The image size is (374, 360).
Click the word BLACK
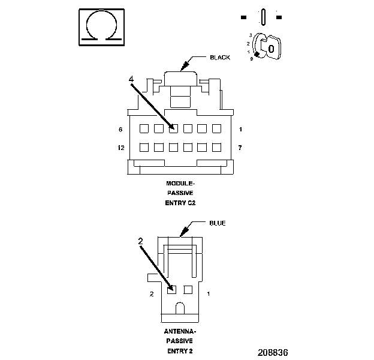(x=220, y=58)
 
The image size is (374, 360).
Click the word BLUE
(x=217, y=223)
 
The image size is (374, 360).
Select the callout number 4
(x=131, y=79)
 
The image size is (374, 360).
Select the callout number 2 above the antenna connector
(x=140, y=241)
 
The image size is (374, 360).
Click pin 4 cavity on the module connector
(x=173, y=128)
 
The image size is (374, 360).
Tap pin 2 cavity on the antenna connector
(x=171, y=290)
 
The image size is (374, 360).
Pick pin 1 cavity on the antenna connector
(x=188, y=290)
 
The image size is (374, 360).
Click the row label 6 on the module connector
(x=120, y=130)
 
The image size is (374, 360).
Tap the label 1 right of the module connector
(x=239, y=130)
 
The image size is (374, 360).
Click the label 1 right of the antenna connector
(x=208, y=294)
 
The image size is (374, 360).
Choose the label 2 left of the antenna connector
(x=152, y=294)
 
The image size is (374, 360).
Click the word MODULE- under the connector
(x=180, y=183)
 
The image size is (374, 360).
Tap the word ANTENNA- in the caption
(x=180, y=331)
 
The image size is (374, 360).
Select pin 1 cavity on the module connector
(x=217, y=128)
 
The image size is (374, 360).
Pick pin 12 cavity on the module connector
(x=144, y=147)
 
